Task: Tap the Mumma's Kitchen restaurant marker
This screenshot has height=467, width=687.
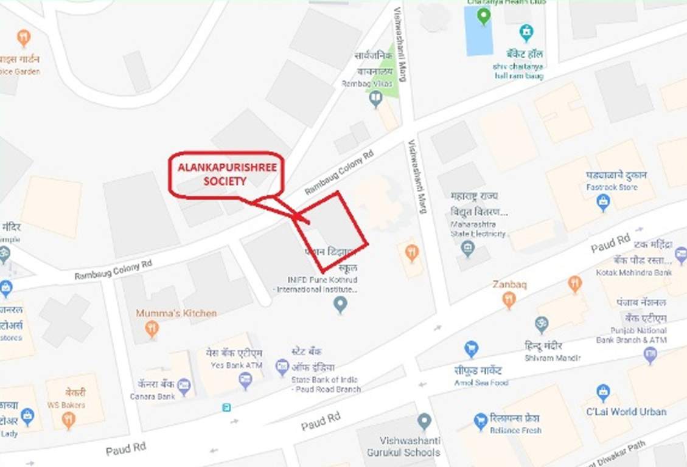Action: (x=152, y=329)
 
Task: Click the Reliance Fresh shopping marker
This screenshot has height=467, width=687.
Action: (x=481, y=420)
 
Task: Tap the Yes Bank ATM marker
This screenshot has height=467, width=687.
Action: (x=245, y=381)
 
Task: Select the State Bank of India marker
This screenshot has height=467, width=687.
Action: (x=282, y=366)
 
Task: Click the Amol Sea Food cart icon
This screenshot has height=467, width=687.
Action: (x=471, y=348)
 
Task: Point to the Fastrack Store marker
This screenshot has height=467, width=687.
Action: (x=603, y=202)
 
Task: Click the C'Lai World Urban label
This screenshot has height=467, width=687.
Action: (x=626, y=412)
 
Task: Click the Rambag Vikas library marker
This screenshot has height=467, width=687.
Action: (x=376, y=98)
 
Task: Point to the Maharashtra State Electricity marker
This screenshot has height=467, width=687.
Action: (x=467, y=247)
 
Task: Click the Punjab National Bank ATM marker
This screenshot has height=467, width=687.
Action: (x=650, y=355)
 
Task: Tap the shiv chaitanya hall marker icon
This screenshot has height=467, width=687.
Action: (x=526, y=32)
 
